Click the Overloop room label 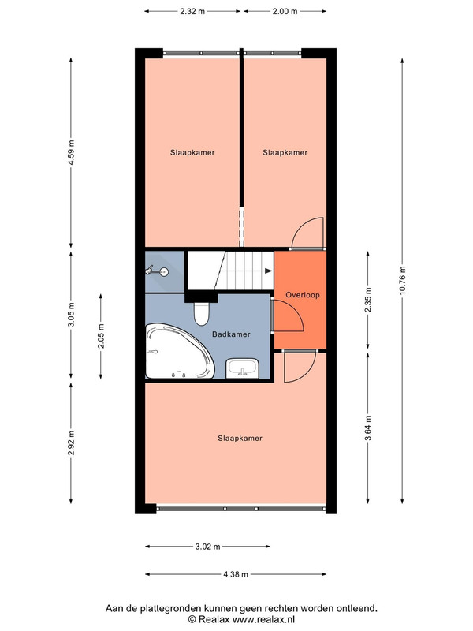[303, 295]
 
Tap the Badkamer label [231, 334]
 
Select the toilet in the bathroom [202, 313]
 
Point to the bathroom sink [242, 368]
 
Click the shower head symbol [157, 271]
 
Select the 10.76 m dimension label [402, 281]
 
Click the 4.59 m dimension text [71, 152]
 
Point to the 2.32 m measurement [192, 11]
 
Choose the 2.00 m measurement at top [285, 11]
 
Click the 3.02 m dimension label [207, 547]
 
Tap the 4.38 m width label [236, 574]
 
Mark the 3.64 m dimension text [368, 428]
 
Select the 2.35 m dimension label [368, 300]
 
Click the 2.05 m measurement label [101, 336]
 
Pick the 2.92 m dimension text [71, 443]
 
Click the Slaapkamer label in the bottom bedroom [240, 439]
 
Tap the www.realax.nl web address [264, 619]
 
